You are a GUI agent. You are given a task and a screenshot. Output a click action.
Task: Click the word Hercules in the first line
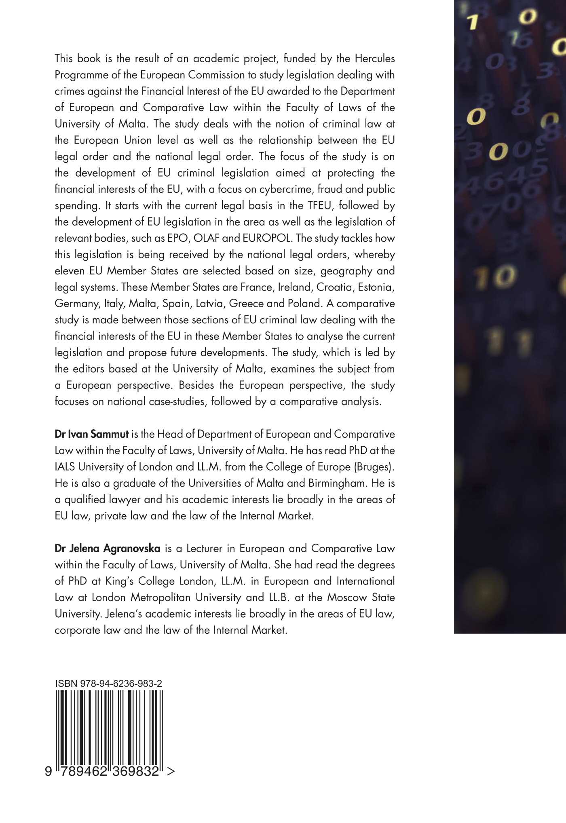point(374,59)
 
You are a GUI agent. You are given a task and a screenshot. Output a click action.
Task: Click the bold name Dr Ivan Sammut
point(92,434)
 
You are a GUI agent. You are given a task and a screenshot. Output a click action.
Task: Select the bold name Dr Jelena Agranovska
point(108,549)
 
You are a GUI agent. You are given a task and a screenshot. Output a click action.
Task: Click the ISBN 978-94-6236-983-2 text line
point(109,684)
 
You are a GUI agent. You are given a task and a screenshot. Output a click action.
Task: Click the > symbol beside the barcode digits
point(171,771)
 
